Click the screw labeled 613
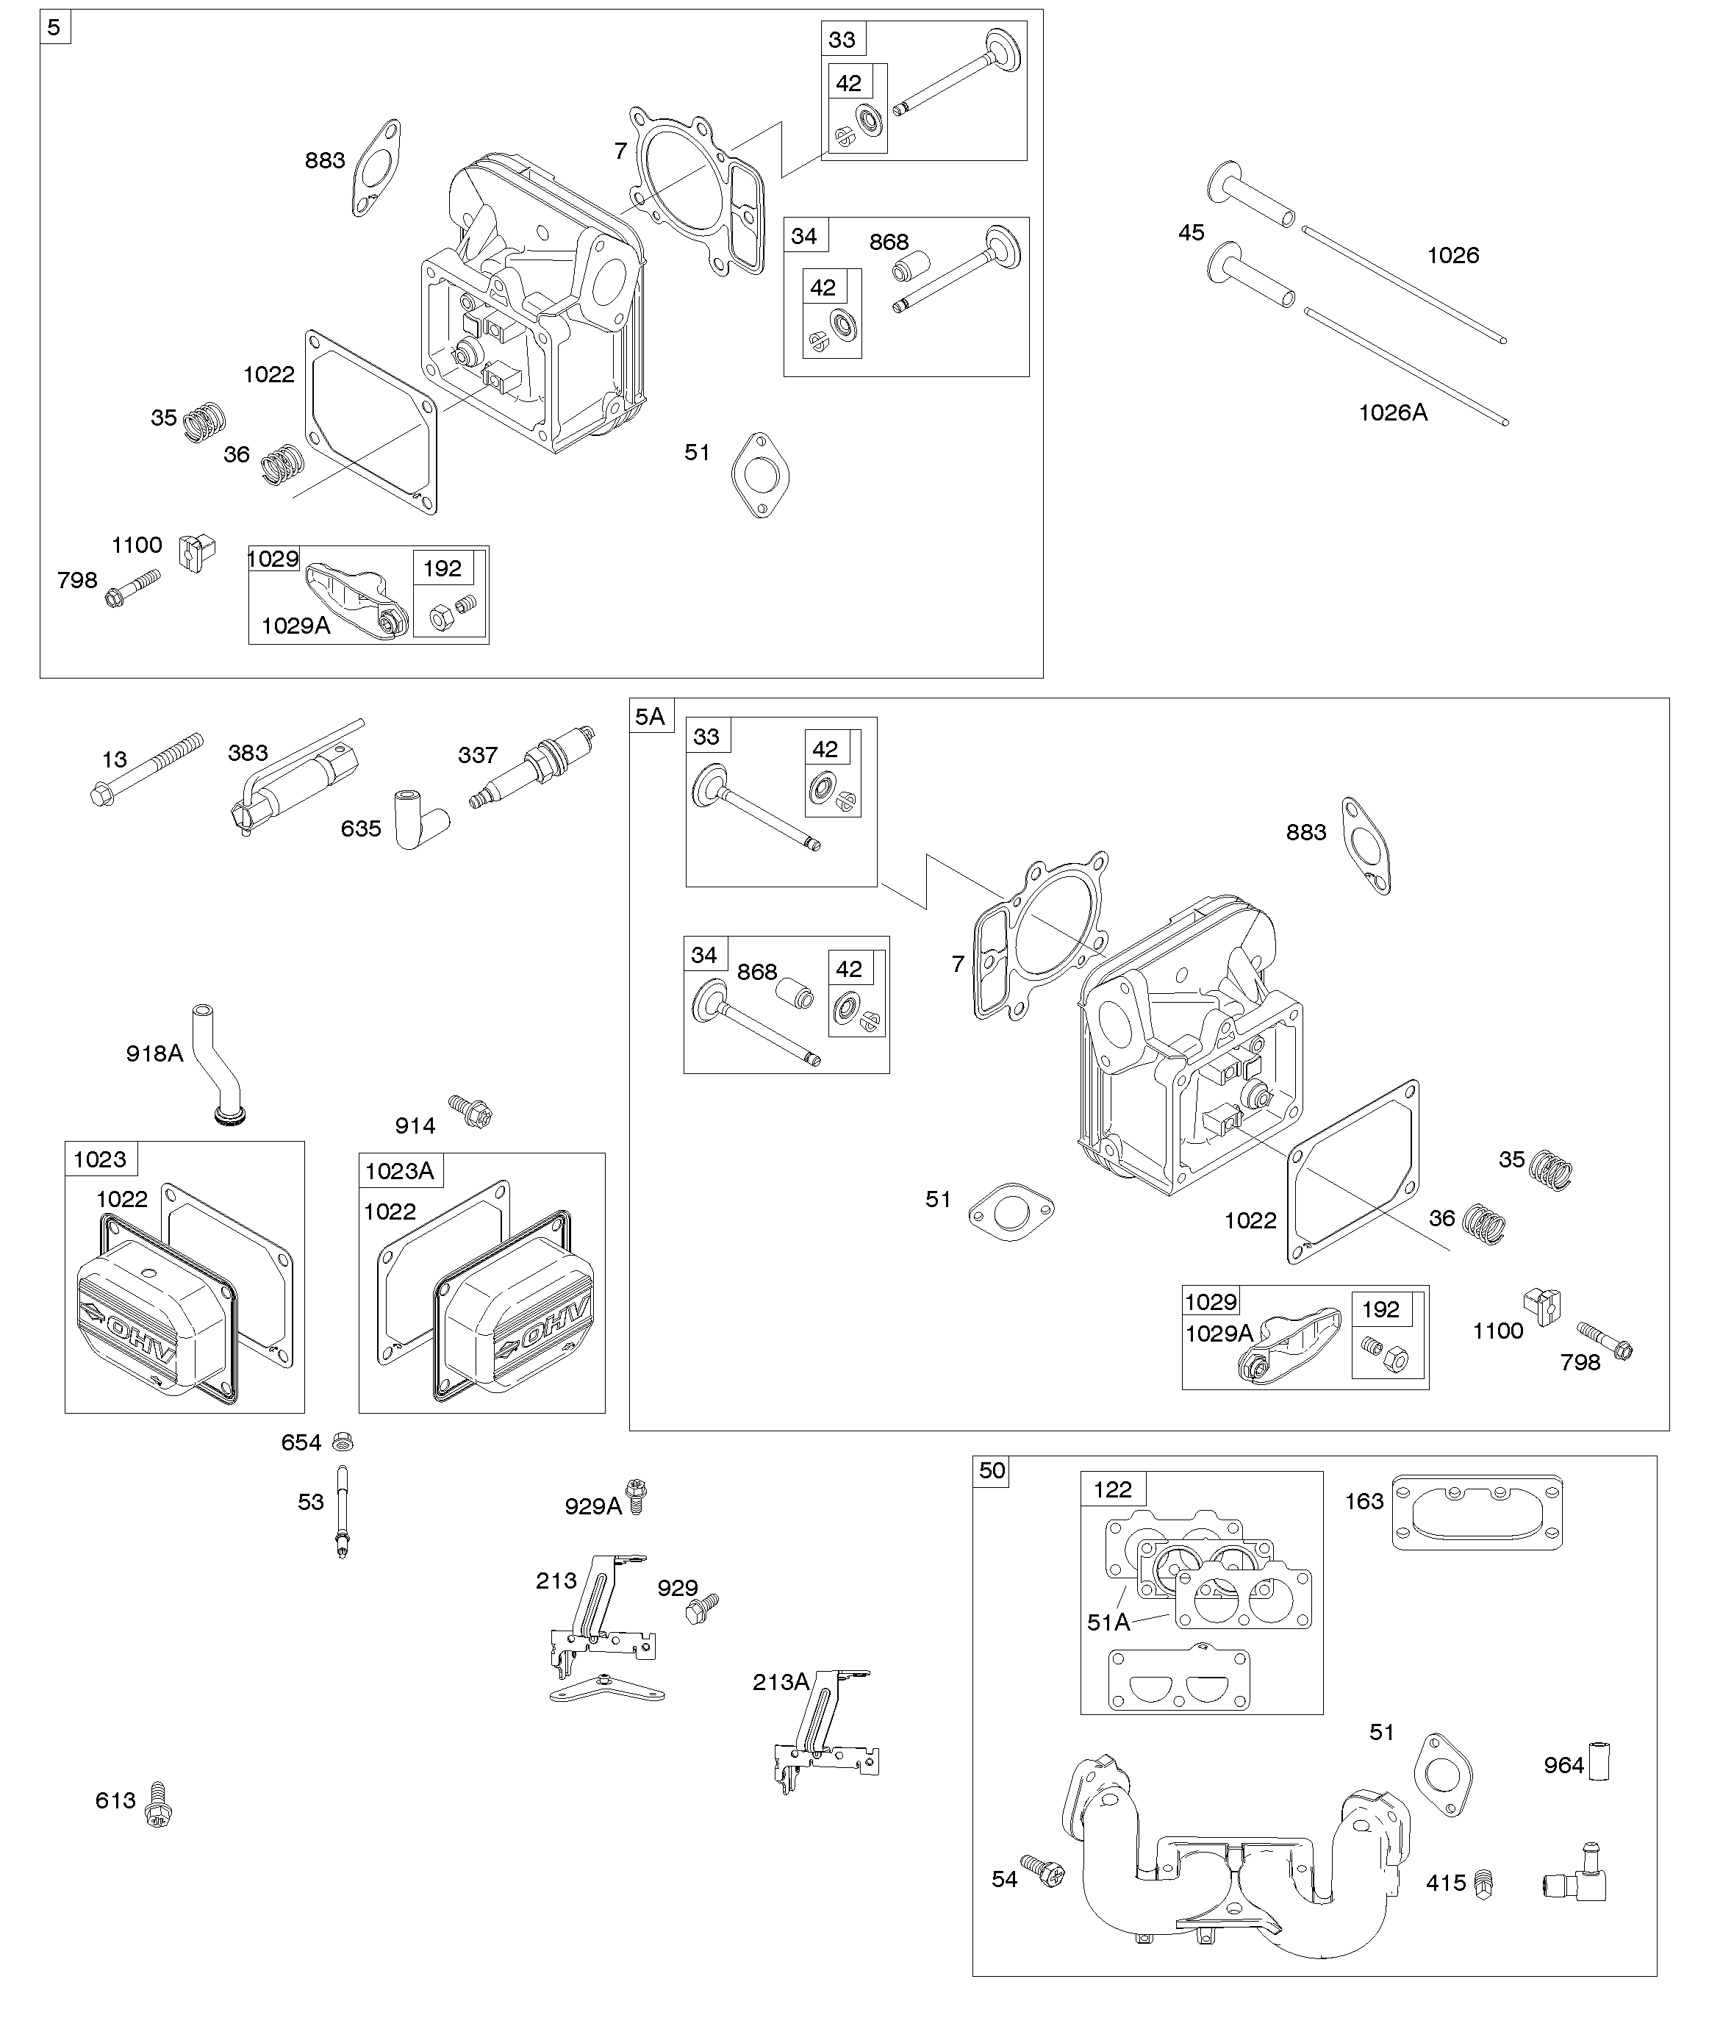158,1805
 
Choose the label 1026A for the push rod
1392,413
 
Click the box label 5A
650,717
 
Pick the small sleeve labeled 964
1599,1761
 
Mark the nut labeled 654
342,1441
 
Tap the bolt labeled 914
471,1110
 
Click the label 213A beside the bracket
780,1683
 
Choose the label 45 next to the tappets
1191,233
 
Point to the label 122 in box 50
1112,1489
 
